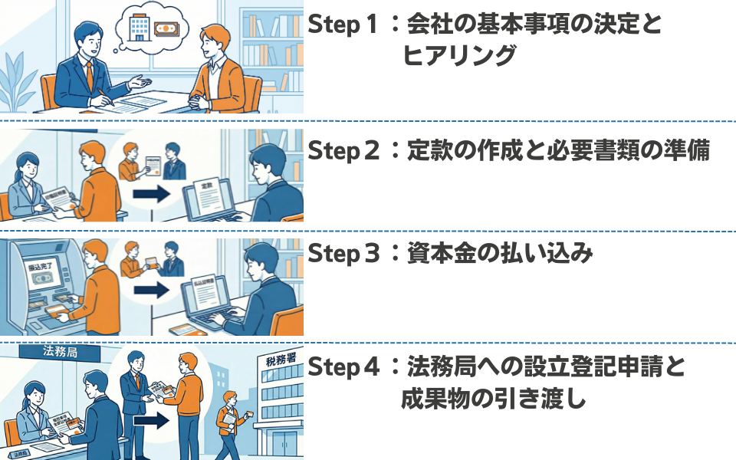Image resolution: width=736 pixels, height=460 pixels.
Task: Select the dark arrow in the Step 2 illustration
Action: click(149, 194)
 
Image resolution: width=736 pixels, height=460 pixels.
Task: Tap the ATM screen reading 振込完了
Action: click(34, 277)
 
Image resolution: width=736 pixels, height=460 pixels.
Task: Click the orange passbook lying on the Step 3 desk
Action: click(184, 330)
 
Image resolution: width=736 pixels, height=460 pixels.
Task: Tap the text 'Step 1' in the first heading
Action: click(343, 25)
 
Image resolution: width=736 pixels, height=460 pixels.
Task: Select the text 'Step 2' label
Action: click(343, 150)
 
